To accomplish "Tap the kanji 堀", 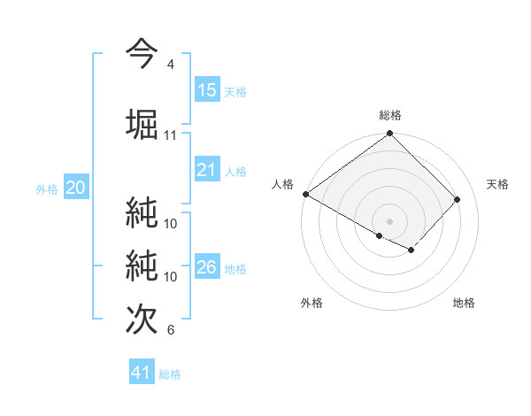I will (x=142, y=124).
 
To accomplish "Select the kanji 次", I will (x=142, y=319).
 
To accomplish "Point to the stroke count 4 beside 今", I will (x=171, y=65).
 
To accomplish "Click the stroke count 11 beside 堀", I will (x=171, y=135).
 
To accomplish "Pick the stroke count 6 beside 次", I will (x=171, y=330).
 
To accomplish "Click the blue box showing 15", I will (x=207, y=90).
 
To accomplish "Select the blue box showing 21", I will (x=207, y=170).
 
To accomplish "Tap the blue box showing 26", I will (x=207, y=267).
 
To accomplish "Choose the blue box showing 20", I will (x=76, y=188).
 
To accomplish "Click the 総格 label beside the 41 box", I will (x=171, y=374).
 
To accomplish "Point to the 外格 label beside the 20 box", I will (x=47, y=189).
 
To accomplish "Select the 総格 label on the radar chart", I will (x=390, y=115).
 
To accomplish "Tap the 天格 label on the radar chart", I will (x=498, y=184).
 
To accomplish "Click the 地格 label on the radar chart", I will (x=464, y=304).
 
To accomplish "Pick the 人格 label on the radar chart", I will (x=283, y=184).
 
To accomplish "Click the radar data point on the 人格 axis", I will (x=305, y=194).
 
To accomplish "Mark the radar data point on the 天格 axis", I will (x=458, y=199).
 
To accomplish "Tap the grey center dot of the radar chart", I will (x=390, y=220).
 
